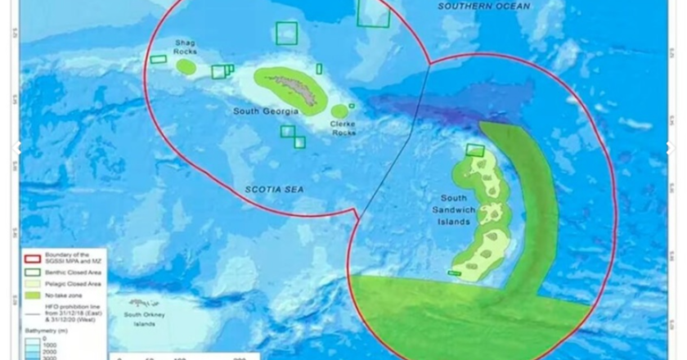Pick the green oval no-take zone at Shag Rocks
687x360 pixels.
coord(186,66)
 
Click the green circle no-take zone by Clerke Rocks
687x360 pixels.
coord(339,111)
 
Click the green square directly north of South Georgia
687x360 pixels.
coord(286,34)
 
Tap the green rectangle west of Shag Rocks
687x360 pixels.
coord(158,59)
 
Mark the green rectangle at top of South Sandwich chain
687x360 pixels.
coord(475,150)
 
